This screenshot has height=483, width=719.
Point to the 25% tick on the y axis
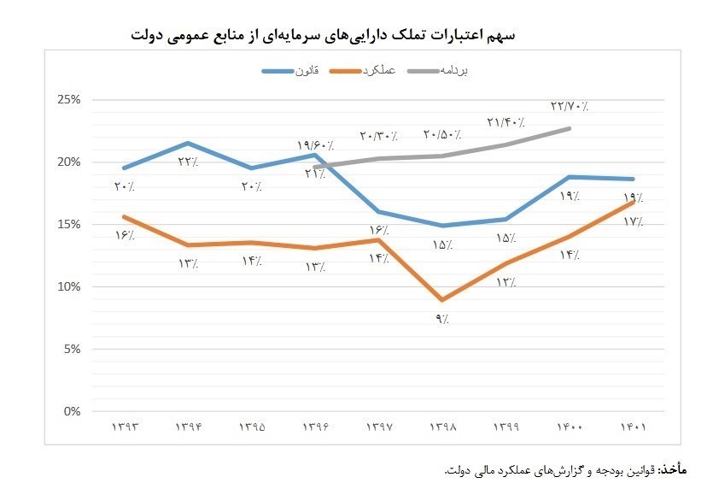click(x=68, y=100)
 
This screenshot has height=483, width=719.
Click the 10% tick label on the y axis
click(x=68, y=287)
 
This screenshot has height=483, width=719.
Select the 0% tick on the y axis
click(x=71, y=412)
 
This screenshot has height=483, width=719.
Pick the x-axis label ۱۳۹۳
click(x=125, y=426)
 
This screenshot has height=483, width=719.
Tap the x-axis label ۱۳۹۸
click(x=441, y=426)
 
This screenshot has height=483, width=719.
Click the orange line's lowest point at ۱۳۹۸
click(x=441, y=300)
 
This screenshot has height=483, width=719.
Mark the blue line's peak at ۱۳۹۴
click(x=188, y=143)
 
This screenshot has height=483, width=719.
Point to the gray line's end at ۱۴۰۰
click(x=570, y=128)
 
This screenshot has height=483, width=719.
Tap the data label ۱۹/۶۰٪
click(x=315, y=146)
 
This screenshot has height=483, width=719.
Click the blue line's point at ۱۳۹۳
click(x=125, y=168)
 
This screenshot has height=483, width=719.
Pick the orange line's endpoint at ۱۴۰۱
click(x=634, y=202)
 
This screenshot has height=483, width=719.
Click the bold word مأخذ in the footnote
click(x=673, y=469)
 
